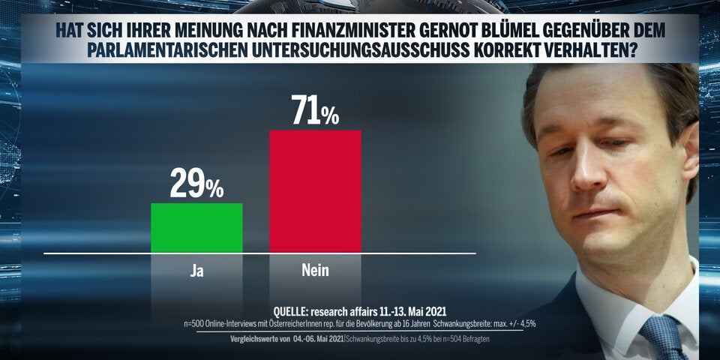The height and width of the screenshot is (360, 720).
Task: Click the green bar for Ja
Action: coord(196,228)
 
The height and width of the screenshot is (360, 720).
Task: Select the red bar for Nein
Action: coord(315,192)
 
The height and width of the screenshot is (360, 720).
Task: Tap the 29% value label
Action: coord(196,184)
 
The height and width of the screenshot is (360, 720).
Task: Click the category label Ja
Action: coord(196,270)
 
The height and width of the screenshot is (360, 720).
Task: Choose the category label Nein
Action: coord(315,270)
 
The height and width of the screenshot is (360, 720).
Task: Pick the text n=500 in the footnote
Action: coord(196,323)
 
